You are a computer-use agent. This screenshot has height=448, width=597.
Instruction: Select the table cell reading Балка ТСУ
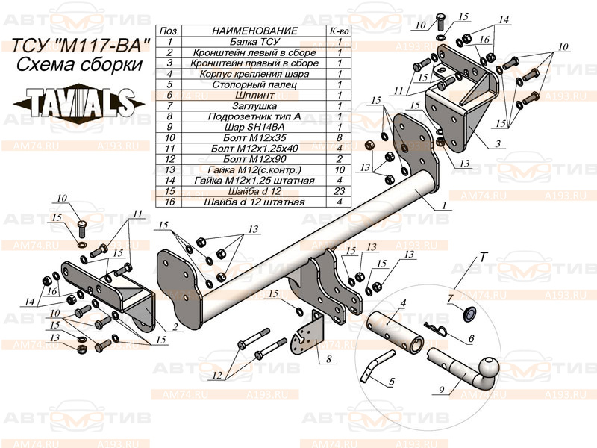[x=254, y=42]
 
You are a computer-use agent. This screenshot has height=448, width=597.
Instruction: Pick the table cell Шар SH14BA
[x=254, y=127]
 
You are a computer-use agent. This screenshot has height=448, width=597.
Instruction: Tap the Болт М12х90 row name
[x=254, y=158]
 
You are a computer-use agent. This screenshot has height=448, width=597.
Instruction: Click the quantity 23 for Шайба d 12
[x=340, y=190]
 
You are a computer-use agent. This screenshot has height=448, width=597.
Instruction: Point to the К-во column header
[x=340, y=31]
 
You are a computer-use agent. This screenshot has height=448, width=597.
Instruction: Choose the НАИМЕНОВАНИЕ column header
[x=254, y=31]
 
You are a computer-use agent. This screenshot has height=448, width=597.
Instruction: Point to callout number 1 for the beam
[x=444, y=204]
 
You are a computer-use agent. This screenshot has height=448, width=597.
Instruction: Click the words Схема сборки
[x=80, y=65]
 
